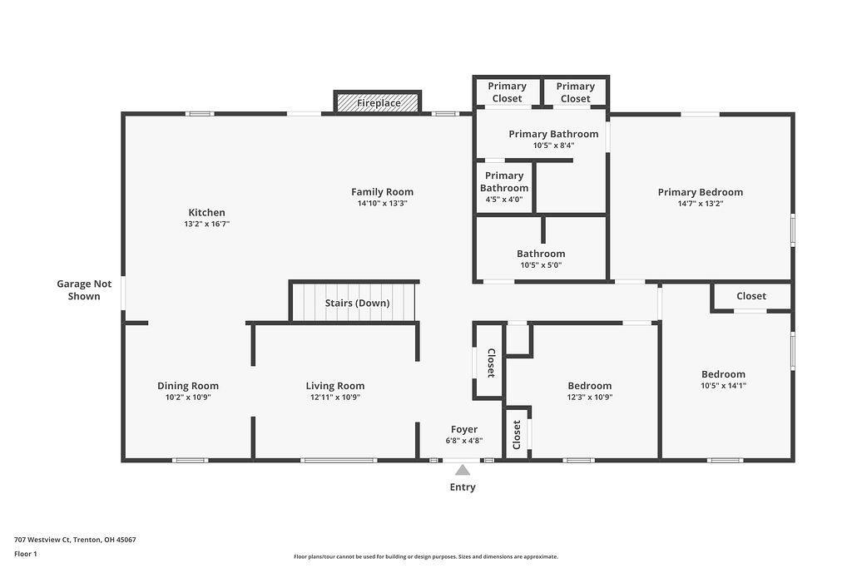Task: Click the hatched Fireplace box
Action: coord(378,102)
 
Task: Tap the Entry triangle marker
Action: coord(463,471)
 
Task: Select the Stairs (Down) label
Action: coord(357,303)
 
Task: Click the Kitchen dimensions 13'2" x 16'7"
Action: coord(206,224)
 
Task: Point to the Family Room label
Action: coord(382,192)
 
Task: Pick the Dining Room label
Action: coord(188,385)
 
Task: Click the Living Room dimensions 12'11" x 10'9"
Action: coord(334,398)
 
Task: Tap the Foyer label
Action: coord(463,429)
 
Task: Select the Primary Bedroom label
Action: coord(700,192)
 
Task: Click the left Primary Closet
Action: coord(507,91)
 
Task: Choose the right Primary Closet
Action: coord(575,91)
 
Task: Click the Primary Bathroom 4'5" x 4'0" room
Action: coord(504,187)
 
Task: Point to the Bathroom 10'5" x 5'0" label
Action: coord(541,254)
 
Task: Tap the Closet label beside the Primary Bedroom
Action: coord(750,296)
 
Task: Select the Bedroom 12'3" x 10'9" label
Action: coord(589,385)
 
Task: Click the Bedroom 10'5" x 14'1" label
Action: coord(723,374)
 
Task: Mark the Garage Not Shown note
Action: coord(84,289)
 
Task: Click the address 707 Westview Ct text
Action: coord(75,539)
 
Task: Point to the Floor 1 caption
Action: coord(26,553)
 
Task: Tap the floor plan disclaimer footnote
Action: coord(425,556)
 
